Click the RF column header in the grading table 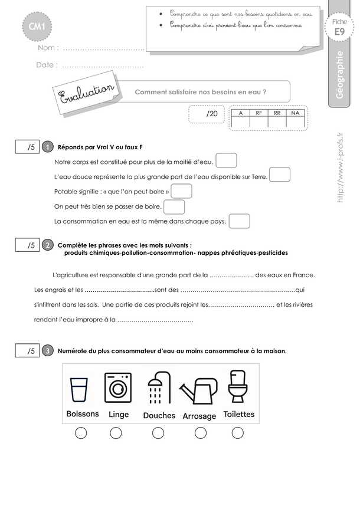(x=259, y=112)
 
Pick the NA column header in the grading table (x=296, y=112)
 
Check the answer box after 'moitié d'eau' (x=227, y=160)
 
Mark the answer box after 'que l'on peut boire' (x=181, y=192)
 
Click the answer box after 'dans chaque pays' (x=238, y=221)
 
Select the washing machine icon (x=117, y=388)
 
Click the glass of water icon (x=79, y=390)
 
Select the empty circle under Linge (x=116, y=434)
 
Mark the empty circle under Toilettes (x=237, y=434)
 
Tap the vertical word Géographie (x=341, y=77)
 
